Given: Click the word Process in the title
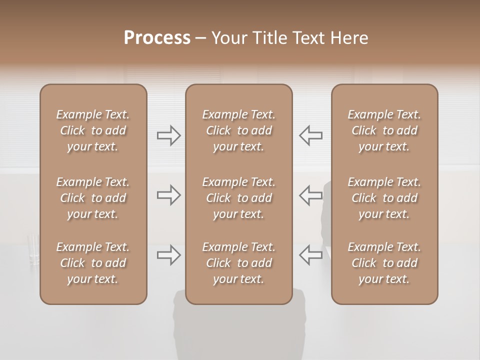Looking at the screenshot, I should pos(157,38).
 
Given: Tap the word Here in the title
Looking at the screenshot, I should pos(348,38).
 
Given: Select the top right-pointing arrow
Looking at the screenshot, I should pos(168,135).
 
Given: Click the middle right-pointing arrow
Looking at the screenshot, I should pos(168,195).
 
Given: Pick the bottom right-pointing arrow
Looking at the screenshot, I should pos(168,255).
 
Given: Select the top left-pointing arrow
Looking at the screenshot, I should pos(310,135).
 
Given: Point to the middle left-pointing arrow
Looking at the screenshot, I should pos(310,195).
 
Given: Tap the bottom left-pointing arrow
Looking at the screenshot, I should pos(310,255).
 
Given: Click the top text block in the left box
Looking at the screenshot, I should pos(93,130).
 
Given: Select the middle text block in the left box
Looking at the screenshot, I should pos(93,198).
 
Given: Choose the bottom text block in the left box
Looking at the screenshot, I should pos(93,263).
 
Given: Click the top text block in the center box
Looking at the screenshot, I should pos(238,130).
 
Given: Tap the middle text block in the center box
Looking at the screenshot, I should pos(238,198).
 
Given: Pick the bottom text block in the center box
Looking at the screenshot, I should pos(238,263).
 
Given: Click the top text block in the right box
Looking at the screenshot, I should pos(384,130).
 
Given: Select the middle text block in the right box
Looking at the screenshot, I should pos(384,198).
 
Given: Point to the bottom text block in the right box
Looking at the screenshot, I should pos(384,263).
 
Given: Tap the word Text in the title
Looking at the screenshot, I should pos(305,38).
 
